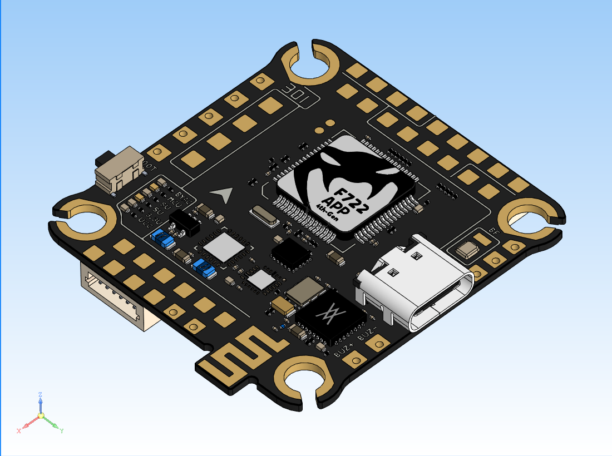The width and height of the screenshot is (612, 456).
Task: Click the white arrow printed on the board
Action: tap(223, 194)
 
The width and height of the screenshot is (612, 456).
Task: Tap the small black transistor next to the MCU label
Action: tap(183, 221)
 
